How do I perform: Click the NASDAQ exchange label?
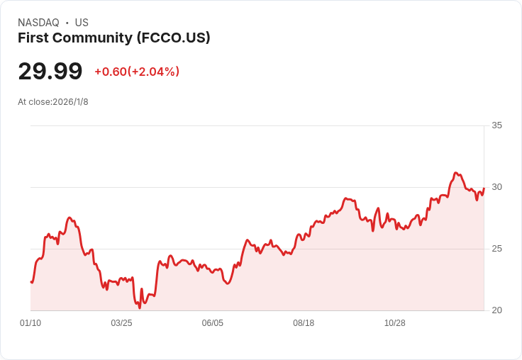[38, 23]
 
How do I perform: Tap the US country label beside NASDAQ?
[82, 23]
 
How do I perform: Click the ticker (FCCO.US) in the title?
[174, 38]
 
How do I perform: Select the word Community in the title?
[92, 38]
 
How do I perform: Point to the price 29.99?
[50, 71]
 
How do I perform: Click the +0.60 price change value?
[111, 72]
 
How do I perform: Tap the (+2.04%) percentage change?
[153, 72]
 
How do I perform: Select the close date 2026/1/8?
[71, 102]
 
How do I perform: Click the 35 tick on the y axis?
[496, 125]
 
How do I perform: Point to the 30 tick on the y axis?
[496, 187]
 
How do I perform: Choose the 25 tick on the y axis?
[496, 249]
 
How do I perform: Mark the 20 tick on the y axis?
[496, 310]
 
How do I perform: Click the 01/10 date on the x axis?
[30, 322]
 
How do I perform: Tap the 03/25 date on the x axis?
[121, 322]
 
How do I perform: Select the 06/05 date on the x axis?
[213, 322]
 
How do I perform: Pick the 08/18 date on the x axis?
[304, 322]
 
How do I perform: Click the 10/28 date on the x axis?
[395, 322]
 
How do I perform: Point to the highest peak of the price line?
[456, 173]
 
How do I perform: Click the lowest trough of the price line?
[140, 308]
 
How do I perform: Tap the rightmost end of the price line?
[484, 189]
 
